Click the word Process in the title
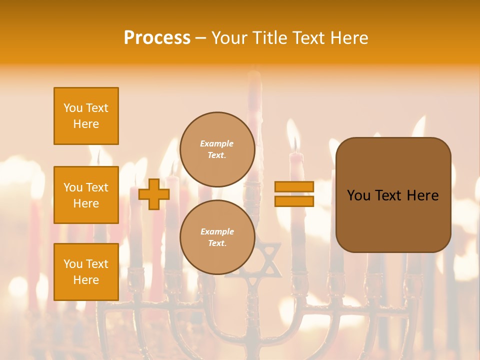157,38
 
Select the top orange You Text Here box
86,116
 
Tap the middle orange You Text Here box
86,195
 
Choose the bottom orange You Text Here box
86,272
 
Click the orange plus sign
153,194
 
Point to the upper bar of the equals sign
294,186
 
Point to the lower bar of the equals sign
294,201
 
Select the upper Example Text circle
217,149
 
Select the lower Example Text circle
217,237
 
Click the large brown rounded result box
393,195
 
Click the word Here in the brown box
423,195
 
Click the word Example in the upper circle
217,143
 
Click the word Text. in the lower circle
217,243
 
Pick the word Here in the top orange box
86,124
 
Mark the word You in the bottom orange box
72,264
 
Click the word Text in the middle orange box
96,187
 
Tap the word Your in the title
229,38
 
